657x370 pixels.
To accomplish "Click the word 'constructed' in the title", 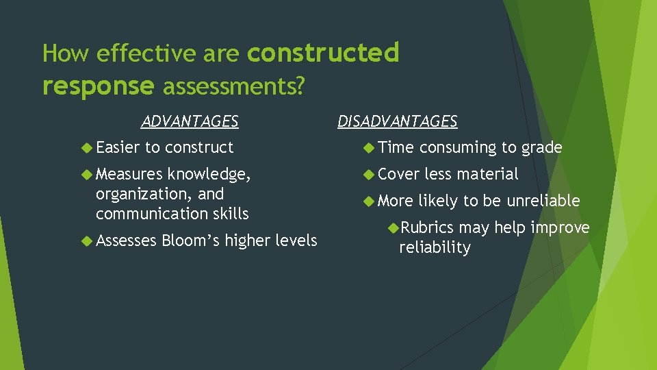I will coord(323,53).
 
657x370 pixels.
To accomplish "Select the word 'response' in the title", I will coord(98,86).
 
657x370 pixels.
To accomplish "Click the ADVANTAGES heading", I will coord(190,122).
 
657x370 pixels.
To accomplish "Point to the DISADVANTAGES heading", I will coord(397,122).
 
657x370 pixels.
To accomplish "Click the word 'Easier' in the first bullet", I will coord(118,147).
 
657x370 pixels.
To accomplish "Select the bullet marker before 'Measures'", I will coord(87,175).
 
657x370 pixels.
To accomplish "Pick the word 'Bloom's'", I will coord(192,241).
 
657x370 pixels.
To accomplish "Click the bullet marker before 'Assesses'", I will coord(87,241).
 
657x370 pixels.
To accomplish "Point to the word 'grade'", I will coord(541,148).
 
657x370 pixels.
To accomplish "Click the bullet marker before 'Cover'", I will coord(368,174).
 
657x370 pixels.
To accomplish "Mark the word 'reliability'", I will coord(435,247).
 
